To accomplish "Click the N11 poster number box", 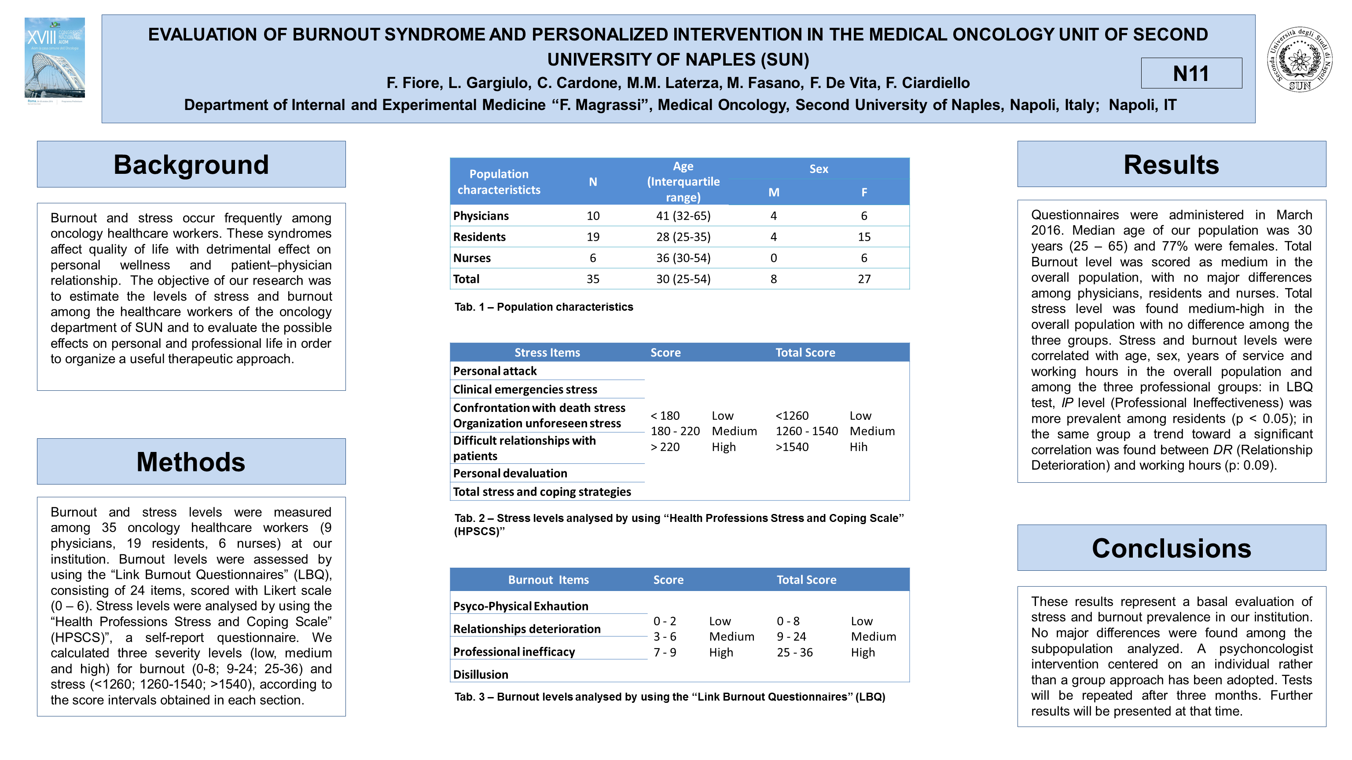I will click(1191, 73).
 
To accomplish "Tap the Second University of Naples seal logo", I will click(1300, 59).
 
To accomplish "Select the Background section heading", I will click(191, 164).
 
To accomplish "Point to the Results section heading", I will click(1171, 164).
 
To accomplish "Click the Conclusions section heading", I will click(1171, 547).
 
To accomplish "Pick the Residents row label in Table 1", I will click(479, 237).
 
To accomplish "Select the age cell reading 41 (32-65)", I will click(683, 216).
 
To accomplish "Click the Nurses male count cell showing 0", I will click(773, 258).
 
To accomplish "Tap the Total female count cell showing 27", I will click(864, 279).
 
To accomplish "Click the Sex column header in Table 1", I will click(818, 169).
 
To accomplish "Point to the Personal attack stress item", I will click(494, 371).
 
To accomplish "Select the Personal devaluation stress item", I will click(510, 474).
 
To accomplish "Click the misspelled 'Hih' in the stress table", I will click(858, 447).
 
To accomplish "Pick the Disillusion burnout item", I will click(480, 675).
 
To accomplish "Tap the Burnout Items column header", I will click(548, 580).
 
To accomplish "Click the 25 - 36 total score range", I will click(795, 653).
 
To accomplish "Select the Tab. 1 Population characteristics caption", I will click(543, 307).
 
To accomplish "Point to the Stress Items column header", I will click(547, 352).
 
